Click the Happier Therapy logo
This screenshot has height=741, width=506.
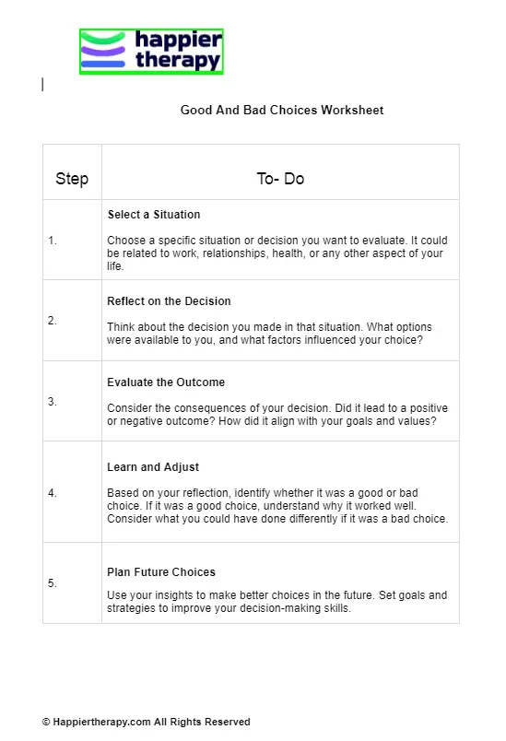151,52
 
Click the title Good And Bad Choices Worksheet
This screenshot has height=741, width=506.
282,110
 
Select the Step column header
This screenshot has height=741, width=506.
72,179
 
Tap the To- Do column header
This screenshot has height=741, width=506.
280,179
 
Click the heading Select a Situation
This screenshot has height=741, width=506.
154,215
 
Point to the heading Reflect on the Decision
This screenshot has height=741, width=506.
169,301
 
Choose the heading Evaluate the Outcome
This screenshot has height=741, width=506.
166,382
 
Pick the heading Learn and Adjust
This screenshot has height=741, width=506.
153,467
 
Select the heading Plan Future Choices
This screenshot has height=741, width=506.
161,572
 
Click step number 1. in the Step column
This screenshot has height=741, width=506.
53,241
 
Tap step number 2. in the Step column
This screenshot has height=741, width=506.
53,321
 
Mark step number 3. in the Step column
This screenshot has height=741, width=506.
53,402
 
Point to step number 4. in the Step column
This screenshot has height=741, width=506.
53,493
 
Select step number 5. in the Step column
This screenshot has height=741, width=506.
53,583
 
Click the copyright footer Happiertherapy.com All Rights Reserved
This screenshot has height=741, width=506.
146,722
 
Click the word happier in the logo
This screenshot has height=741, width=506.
179,40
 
